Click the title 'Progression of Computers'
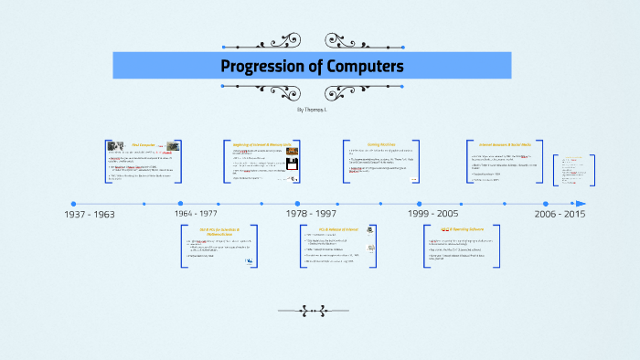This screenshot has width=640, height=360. [x=312, y=67]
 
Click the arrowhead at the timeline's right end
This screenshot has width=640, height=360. [x=580, y=204]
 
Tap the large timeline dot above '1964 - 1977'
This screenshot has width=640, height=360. [x=180, y=204]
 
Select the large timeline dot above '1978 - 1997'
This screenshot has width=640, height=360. [x=297, y=204]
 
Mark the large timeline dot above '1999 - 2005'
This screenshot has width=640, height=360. [x=420, y=204]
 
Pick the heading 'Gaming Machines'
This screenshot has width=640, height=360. [x=381, y=143]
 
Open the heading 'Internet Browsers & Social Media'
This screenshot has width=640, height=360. [x=506, y=143]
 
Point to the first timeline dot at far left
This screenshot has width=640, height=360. [x=73, y=204]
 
